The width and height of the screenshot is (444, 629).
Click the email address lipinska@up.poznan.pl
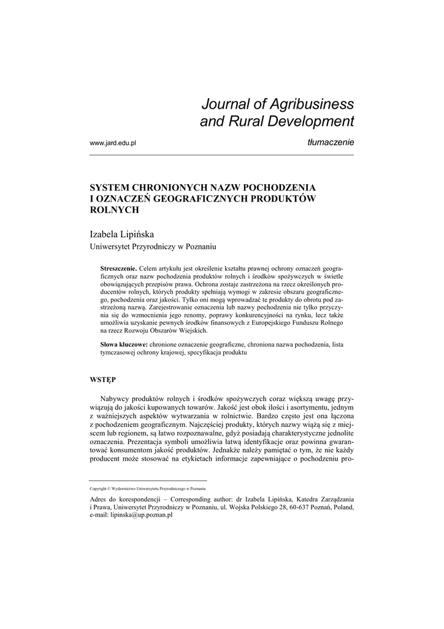[142, 516]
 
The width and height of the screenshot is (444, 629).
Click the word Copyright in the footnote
[98, 488]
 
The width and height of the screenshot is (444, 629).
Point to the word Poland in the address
[340, 508]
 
